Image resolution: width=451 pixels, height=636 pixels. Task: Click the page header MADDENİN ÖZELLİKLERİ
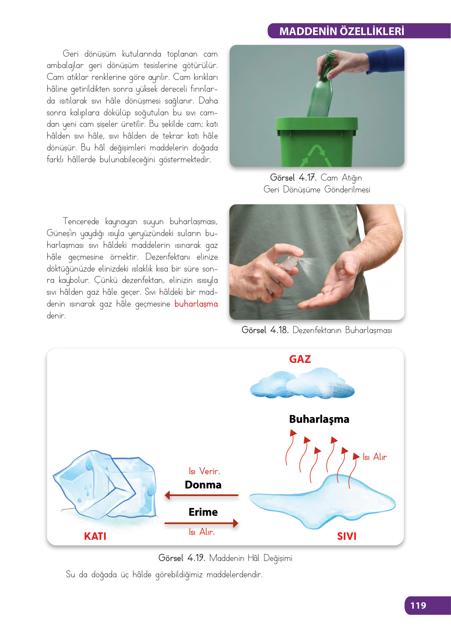point(341,31)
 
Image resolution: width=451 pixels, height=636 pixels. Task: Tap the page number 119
point(418,605)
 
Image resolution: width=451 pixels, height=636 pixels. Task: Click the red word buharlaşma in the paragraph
point(196,304)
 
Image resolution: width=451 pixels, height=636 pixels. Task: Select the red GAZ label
point(300,359)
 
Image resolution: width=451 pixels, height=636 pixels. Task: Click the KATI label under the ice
point(95,536)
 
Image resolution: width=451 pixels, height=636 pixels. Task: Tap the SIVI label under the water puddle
point(347,536)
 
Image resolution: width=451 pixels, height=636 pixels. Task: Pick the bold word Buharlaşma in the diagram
point(319,419)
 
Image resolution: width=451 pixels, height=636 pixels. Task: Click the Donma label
point(203,485)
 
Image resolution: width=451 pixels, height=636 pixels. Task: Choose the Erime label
point(203,512)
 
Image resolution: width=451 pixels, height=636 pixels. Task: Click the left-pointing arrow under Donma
point(201,495)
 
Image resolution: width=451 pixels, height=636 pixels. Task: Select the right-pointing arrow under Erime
point(201,523)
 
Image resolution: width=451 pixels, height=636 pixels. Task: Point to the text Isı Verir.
point(204,471)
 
